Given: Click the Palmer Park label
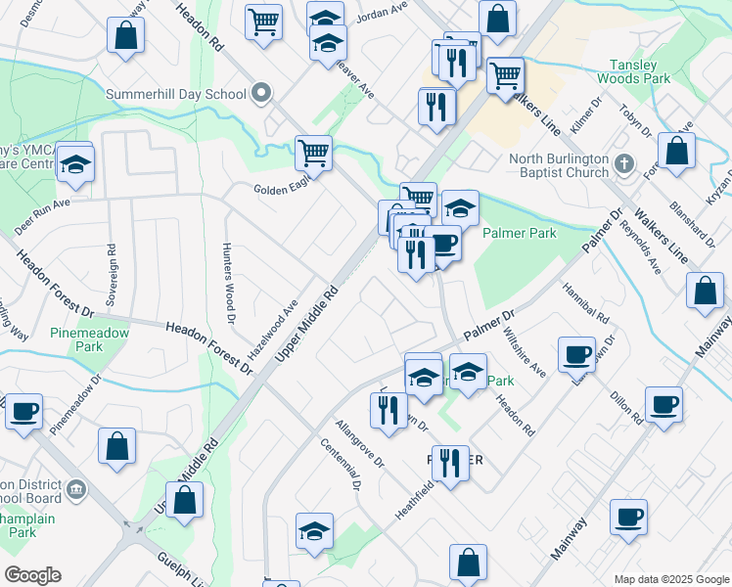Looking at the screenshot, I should tap(520, 234).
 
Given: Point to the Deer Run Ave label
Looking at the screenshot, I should tap(42, 217).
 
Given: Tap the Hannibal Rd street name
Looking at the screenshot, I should tap(585, 305).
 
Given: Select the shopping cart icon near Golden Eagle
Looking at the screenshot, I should tap(313, 153).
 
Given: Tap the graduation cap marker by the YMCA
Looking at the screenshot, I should tap(74, 163).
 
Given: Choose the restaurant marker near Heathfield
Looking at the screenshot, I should tap(450, 462).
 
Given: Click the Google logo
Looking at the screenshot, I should tap(31, 575).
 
